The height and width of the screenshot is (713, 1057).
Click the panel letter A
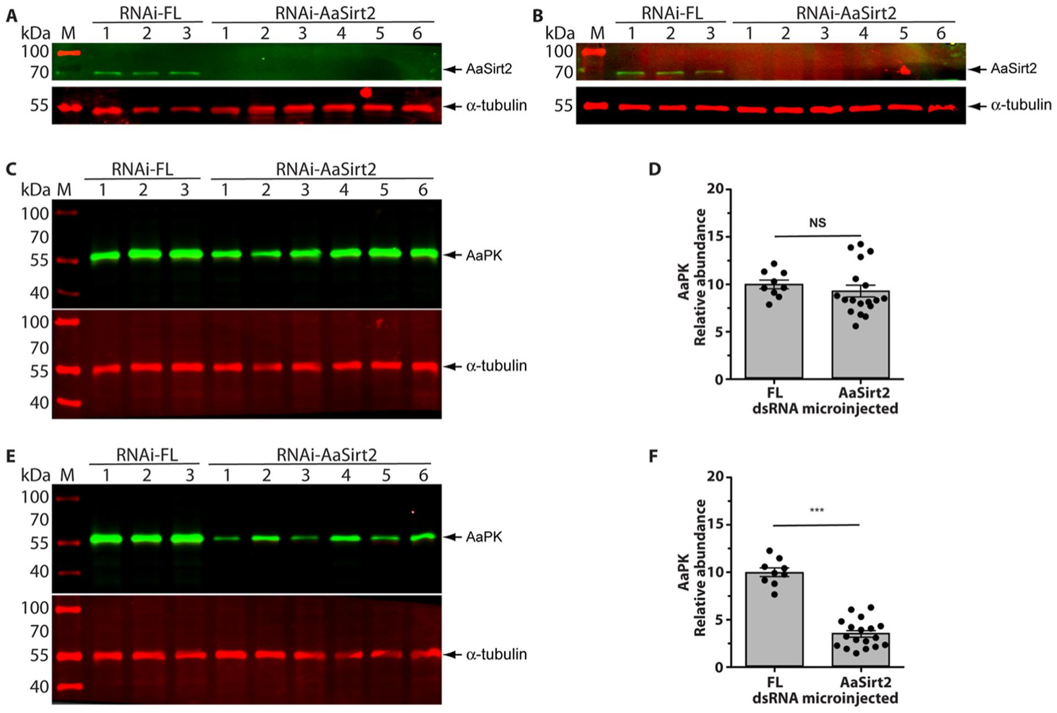tap(11, 16)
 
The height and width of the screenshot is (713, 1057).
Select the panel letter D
tap(655, 168)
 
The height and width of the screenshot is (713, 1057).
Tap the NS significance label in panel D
tap(818, 223)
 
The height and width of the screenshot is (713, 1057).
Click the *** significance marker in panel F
tap(817, 510)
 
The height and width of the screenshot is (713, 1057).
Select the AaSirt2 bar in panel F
tap(860, 650)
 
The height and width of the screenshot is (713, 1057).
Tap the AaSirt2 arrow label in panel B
tap(1013, 69)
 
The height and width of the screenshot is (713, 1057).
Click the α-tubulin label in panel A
tap(496, 106)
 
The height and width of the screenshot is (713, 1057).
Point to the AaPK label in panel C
tap(484, 255)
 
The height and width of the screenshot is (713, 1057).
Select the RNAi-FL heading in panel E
tap(146, 455)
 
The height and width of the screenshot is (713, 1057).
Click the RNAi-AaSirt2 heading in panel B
tap(846, 13)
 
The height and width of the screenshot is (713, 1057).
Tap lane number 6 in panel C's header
tap(423, 190)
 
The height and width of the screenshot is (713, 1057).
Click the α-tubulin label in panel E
tap(496, 655)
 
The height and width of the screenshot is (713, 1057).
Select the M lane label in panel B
tap(597, 34)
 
